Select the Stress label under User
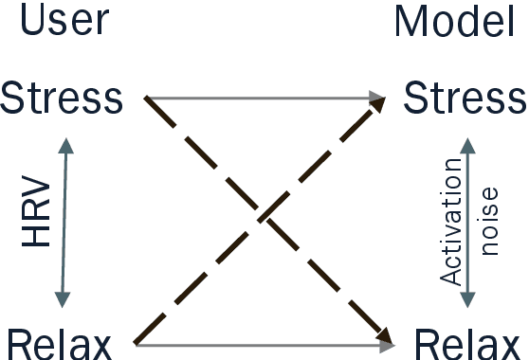(x=63, y=98)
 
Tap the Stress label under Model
(x=464, y=98)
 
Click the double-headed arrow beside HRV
(x=63, y=221)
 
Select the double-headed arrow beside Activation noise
(x=466, y=221)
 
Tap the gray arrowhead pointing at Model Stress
(x=378, y=97)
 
